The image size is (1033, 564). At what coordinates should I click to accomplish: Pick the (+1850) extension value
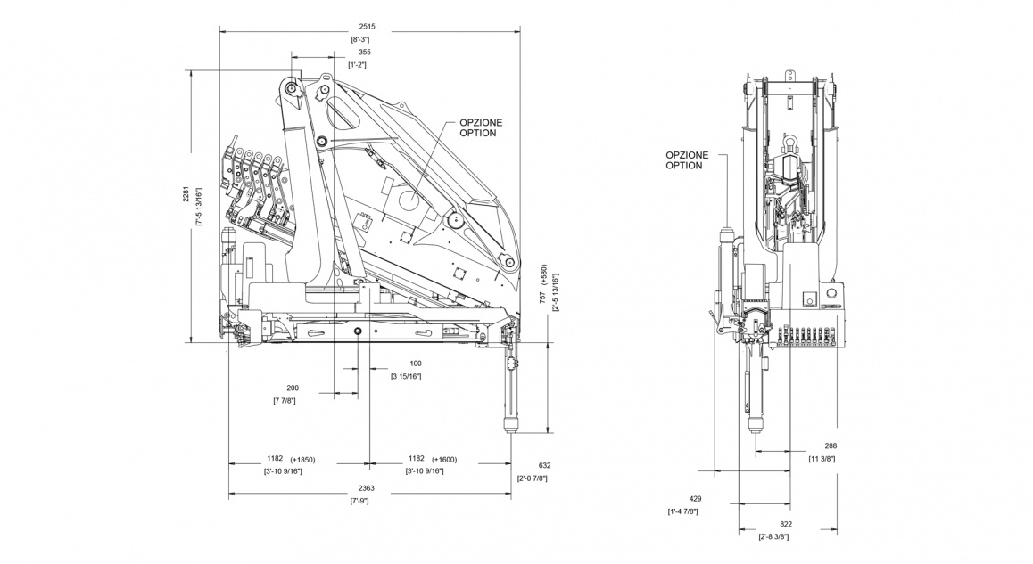click(x=301, y=460)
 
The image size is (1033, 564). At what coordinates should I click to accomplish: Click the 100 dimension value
click(x=416, y=364)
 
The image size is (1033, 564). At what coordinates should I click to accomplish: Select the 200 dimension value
click(x=293, y=388)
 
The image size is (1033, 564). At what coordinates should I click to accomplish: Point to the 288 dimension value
click(x=831, y=445)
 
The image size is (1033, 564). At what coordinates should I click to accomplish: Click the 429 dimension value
click(x=683, y=499)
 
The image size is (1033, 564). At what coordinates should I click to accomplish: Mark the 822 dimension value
click(x=786, y=524)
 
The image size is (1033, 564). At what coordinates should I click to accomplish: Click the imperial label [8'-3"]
click(x=361, y=40)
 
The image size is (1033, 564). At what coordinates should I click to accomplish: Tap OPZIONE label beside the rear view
click(x=687, y=154)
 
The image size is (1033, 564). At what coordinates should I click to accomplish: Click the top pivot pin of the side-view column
click(x=291, y=88)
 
